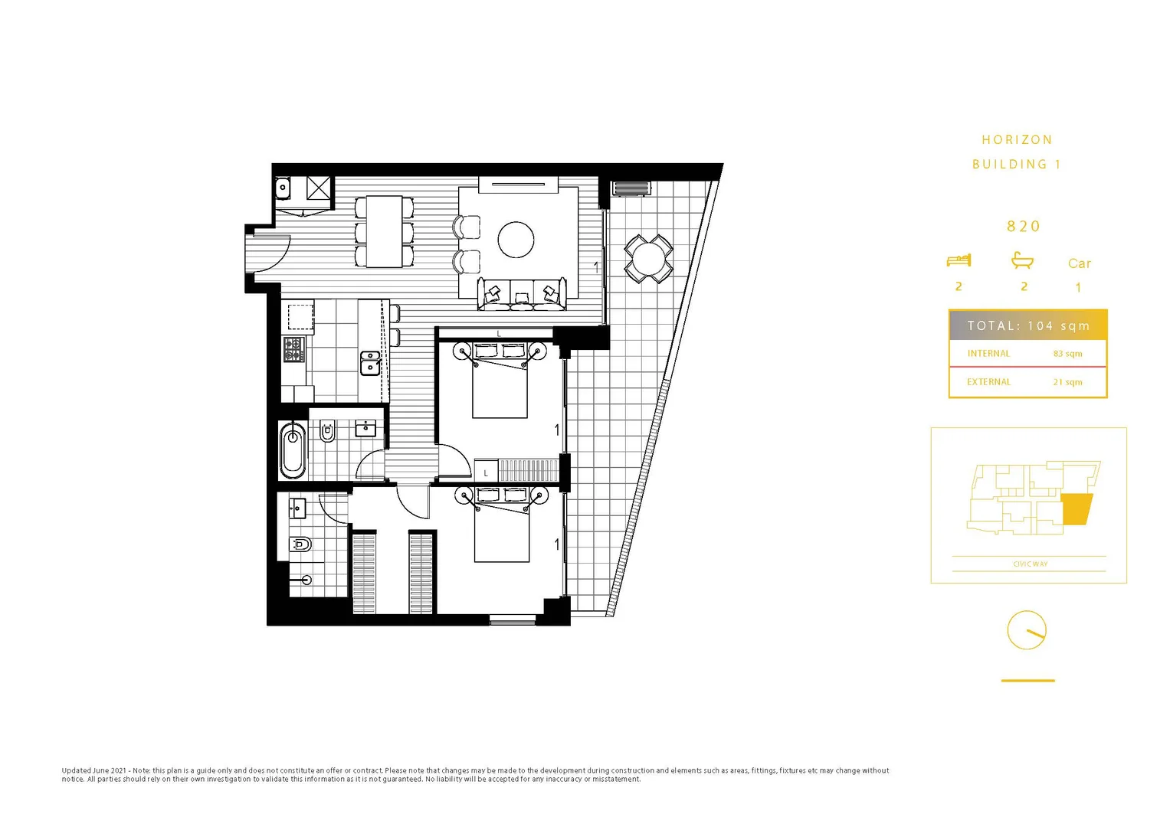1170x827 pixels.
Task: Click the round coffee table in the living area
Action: click(x=516, y=240)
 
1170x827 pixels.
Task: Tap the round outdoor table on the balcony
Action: click(x=649, y=259)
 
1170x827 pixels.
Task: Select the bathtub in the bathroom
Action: click(x=292, y=450)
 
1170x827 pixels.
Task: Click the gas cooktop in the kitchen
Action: click(x=294, y=349)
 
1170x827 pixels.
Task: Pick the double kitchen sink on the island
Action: click(x=369, y=363)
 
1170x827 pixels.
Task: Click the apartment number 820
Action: click(x=1024, y=227)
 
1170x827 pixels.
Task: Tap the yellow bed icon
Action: click(x=959, y=260)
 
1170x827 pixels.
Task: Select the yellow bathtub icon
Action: click(x=1022, y=260)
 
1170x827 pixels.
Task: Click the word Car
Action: click(x=1079, y=263)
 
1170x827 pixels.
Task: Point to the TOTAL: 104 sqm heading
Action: click(x=1027, y=325)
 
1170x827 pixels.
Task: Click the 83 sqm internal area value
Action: click(x=1067, y=354)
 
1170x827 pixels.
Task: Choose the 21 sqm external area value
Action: click(x=1067, y=382)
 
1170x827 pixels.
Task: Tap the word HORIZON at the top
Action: click(x=1017, y=140)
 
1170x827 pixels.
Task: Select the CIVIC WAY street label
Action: click(x=1030, y=564)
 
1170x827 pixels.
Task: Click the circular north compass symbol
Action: click(x=1027, y=630)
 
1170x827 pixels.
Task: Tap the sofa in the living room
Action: click(x=522, y=295)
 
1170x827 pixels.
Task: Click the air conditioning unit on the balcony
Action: click(x=631, y=188)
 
